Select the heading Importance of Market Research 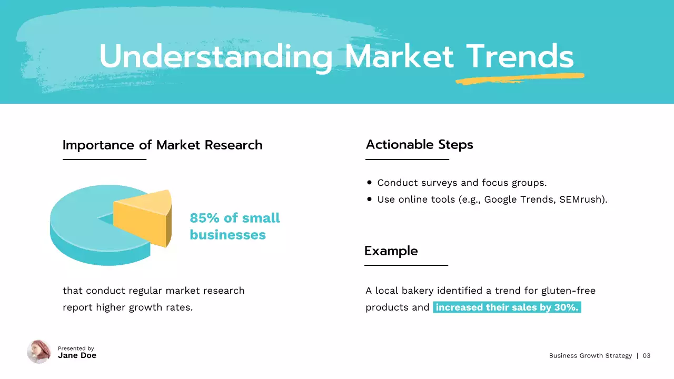[x=162, y=145]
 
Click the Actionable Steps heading [x=419, y=145]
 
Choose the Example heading [x=391, y=251]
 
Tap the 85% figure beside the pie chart [x=202, y=218]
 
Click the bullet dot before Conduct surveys [x=369, y=183]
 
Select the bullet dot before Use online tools [x=369, y=200]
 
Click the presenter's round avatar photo [x=39, y=352]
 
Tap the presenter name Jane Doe [x=77, y=356]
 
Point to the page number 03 [x=646, y=356]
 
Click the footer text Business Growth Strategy [x=590, y=356]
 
